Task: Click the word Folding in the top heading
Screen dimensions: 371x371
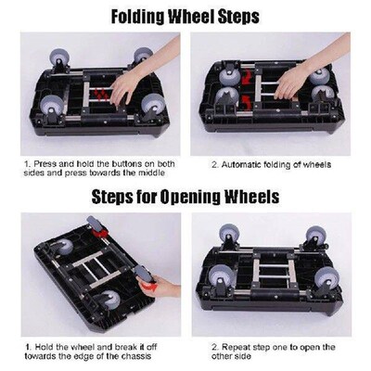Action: [x=141, y=16]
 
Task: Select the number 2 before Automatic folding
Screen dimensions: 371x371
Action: [x=214, y=166]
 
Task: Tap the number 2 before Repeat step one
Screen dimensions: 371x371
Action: [x=214, y=344]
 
